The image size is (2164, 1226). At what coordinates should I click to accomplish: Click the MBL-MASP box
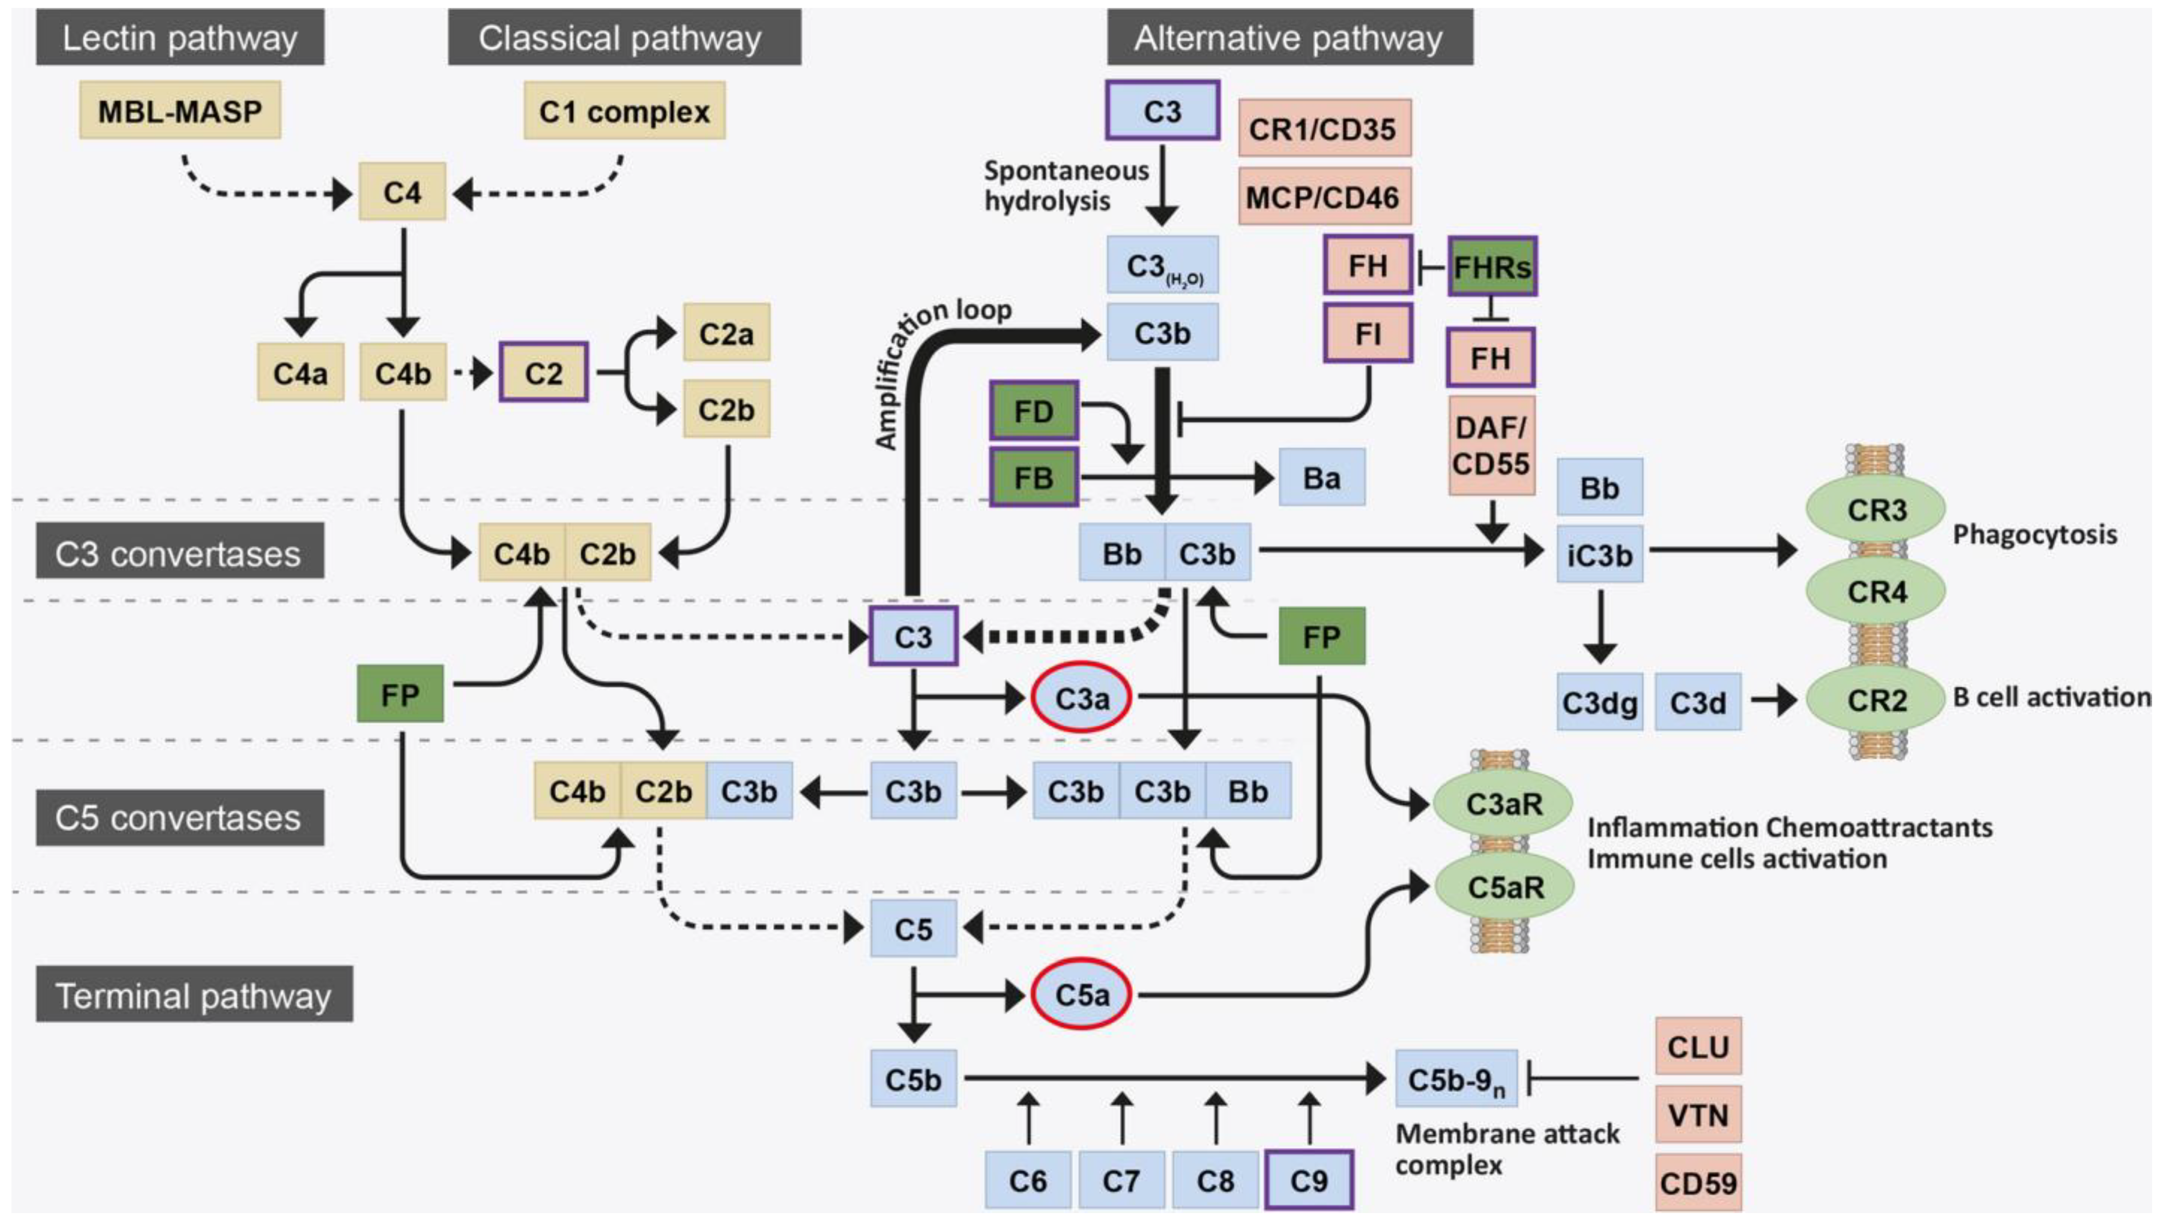(180, 111)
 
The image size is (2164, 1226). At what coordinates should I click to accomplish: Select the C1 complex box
(624, 111)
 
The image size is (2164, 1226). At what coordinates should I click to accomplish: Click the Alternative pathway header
(1289, 38)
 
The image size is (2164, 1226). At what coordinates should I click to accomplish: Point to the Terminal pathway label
(194, 995)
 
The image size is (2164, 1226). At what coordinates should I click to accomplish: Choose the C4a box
(300, 372)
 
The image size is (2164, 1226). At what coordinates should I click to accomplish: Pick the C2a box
(725, 334)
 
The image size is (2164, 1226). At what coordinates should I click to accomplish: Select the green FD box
(1033, 411)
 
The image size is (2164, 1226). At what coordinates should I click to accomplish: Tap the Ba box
(1322, 478)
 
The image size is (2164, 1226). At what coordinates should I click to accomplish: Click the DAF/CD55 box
(1490, 446)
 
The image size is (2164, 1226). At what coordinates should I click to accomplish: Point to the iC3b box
(1599, 555)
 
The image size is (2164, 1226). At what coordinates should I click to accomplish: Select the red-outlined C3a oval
(1082, 697)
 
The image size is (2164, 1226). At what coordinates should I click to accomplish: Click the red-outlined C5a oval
(1082, 994)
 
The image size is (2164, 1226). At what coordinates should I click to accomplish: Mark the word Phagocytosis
(2035, 535)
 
